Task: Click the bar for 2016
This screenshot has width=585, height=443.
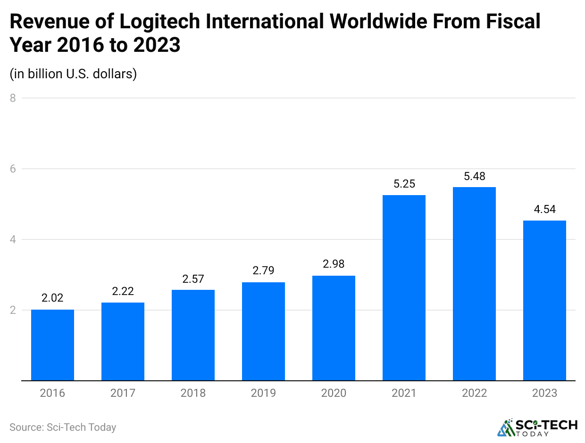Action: (52, 345)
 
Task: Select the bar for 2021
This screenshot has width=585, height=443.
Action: (404, 287)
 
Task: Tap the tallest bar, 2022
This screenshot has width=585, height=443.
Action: (474, 284)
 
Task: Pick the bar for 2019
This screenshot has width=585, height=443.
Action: (263, 331)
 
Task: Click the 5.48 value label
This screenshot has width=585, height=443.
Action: (474, 177)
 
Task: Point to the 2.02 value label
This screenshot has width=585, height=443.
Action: (52, 298)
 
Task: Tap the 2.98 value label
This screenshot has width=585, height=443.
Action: (334, 264)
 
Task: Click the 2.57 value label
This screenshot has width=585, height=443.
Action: (193, 279)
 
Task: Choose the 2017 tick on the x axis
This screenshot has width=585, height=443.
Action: (123, 393)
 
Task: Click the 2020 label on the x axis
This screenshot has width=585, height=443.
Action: (334, 393)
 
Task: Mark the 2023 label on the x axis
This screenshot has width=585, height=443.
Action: (544, 393)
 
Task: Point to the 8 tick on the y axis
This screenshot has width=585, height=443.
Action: (13, 98)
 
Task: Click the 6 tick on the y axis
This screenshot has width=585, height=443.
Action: (13, 169)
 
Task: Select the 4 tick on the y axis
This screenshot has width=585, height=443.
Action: (13, 239)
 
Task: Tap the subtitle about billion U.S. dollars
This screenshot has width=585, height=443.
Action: (73, 74)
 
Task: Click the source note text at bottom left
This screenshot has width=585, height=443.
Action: (63, 427)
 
